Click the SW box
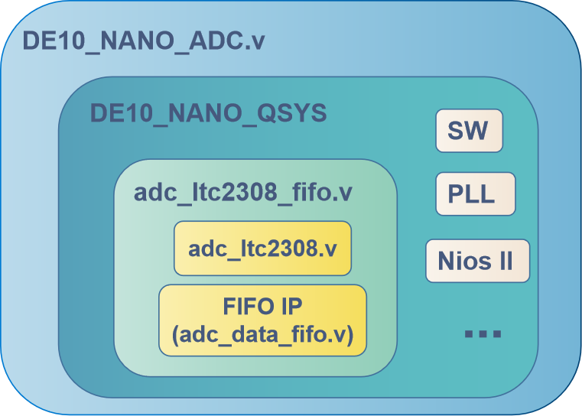click(x=469, y=131)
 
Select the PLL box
click(x=475, y=194)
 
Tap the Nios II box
click(x=477, y=261)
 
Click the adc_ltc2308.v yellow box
click(x=262, y=249)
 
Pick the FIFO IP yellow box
click(x=262, y=320)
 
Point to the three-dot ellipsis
click(x=483, y=333)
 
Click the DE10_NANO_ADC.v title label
click(x=144, y=41)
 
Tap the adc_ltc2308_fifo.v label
click(x=242, y=192)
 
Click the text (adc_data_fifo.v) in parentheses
click(x=262, y=333)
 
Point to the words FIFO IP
click(x=262, y=307)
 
